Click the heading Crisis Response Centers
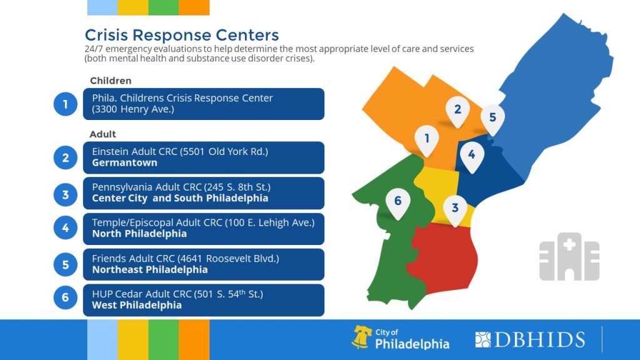click(182, 35)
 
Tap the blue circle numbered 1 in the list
click(65, 104)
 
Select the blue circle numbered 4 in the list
click(65, 229)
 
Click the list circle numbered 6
click(65, 297)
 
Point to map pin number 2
click(457, 110)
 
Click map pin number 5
click(492, 117)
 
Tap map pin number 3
click(455, 209)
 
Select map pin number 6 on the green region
click(397, 201)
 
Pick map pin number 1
click(427, 137)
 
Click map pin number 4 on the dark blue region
click(471, 154)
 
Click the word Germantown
click(124, 162)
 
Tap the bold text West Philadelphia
click(137, 306)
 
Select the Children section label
click(111, 81)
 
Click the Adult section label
click(103, 134)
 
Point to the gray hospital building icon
click(569, 256)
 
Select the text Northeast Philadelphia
click(150, 270)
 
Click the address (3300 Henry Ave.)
click(132, 109)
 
